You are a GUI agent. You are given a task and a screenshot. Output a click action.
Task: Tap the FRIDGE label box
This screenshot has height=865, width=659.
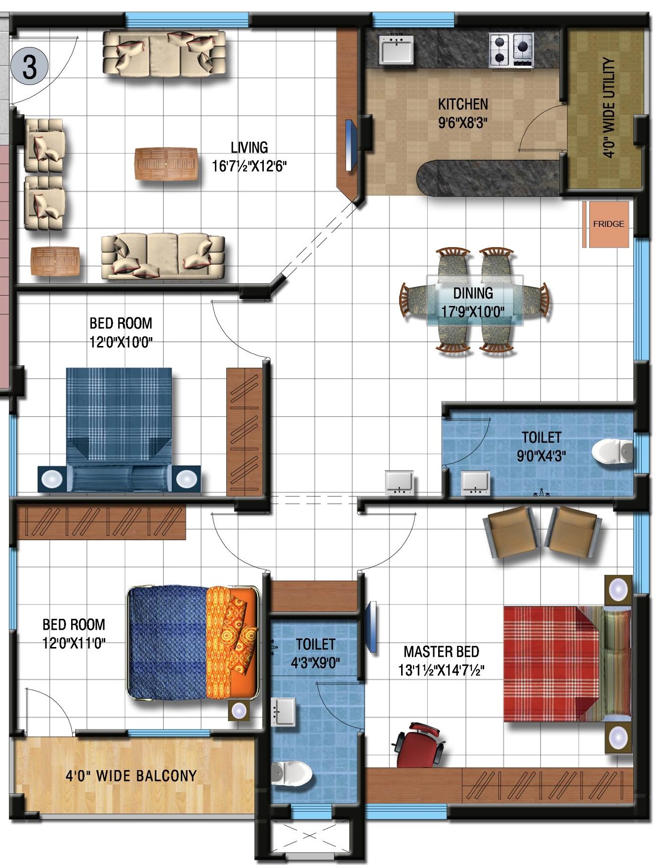tap(608, 224)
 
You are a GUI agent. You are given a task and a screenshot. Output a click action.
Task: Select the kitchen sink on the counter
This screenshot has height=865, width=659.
tap(396, 49)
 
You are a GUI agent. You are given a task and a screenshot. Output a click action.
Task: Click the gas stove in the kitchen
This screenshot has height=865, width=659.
tap(511, 50)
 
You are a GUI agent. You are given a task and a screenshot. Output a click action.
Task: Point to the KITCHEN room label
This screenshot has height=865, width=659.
tap(463, 104)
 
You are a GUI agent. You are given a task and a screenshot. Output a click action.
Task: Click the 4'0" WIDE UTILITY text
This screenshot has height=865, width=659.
tap(609, 108)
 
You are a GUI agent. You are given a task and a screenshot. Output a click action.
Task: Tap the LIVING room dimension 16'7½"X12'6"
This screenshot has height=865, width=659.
tap(249, 166)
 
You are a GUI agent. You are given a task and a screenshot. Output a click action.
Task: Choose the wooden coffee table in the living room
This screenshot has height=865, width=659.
tap(166, 164)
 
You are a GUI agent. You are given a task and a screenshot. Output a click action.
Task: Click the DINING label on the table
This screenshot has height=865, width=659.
tap(473, 293)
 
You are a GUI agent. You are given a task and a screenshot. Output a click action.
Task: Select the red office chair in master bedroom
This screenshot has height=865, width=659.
tap(419, 744)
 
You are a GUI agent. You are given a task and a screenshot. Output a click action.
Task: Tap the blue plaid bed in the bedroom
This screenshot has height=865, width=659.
tap(119, 429)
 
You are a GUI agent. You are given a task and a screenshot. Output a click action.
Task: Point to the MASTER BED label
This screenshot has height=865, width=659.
tap(441, 651)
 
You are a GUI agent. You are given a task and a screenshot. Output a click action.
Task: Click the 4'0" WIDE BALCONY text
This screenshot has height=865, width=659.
tap(131, 776)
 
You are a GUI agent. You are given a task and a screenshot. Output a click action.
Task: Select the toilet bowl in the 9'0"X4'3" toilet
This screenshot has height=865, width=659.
tap(612, 452)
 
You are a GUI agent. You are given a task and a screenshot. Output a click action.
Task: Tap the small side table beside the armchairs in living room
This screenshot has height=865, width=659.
tap(55, 261)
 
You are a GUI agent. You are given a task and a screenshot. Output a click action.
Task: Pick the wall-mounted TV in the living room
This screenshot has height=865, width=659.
tap(351, 145)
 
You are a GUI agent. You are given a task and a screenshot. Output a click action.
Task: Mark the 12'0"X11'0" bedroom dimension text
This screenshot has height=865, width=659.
tap(74, 643)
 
